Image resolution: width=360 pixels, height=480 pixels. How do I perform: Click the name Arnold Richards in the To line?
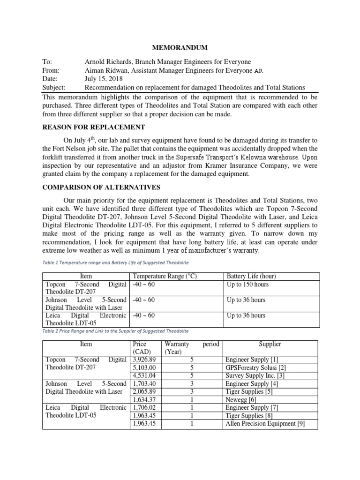108,62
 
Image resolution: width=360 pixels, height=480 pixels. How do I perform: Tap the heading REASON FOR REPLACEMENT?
94,127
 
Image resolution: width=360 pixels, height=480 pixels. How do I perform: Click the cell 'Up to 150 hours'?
248,285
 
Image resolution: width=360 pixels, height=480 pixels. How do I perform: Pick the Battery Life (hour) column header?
253,276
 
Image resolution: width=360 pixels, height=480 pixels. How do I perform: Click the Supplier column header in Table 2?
270,344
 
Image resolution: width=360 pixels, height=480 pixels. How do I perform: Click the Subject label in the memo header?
54,87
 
